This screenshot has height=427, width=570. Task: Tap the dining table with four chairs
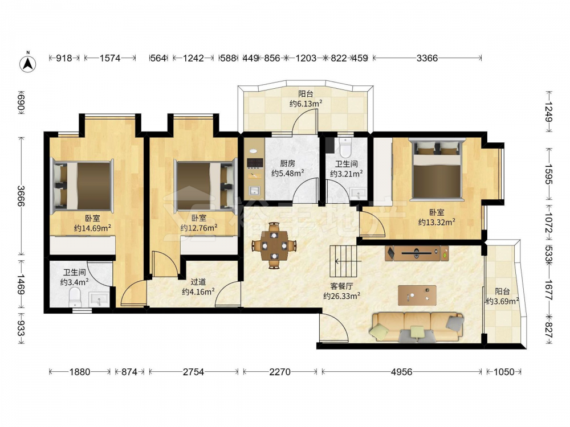coord(274,245)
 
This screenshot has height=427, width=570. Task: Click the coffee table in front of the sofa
coord(417,295)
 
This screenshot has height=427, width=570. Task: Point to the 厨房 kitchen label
coord(287,164)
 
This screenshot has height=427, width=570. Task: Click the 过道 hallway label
coord(198,282)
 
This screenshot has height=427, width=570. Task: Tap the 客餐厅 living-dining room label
coord(341,286)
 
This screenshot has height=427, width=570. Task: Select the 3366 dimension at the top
coord(427,58)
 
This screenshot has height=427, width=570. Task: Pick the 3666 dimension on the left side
coord(21,196)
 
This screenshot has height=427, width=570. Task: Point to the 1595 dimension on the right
coord(548,174)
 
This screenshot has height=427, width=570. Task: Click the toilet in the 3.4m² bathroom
coord(75,297)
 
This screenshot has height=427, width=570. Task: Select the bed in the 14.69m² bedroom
coord(82,186)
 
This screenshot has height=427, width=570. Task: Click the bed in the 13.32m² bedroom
coord(437,169)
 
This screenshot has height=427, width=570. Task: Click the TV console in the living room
coord(417,253)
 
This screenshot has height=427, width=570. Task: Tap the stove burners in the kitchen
coord(255,163)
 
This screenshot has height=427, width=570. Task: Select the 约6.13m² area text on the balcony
coord(306,104)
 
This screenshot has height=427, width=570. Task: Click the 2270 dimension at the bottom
coord(280,371)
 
